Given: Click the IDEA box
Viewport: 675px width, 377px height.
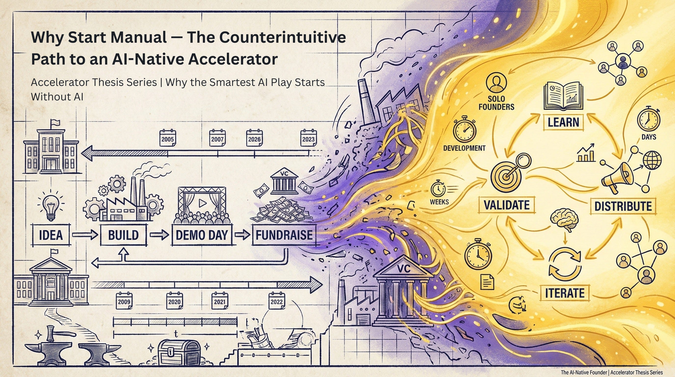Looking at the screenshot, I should (x=51, y=235).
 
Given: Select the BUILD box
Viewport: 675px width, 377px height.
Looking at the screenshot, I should (x=123, y=235).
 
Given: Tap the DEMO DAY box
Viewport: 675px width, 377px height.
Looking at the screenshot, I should (x=202, y=235).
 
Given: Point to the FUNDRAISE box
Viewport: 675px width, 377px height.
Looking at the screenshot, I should (x=284, y=235).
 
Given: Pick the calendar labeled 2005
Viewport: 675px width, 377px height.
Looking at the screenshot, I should (x=168, y=138).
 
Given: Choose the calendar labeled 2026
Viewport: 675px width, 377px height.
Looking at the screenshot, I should (x=254, y=138).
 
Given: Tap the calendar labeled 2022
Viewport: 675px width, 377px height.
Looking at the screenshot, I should (x=277, y=301).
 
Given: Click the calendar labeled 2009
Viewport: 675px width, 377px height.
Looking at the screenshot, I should (x=124, y=301).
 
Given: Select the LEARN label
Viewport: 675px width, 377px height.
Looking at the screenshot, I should (x=563, y=122).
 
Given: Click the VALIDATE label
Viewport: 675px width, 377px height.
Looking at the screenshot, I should (x=506, y=205).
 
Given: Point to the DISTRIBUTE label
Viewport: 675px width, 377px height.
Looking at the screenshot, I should (x=623, y=206).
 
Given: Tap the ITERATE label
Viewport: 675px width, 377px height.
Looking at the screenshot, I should (x=565, y=293).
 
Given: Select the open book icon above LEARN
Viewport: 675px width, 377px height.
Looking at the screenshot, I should (x=563, y=96).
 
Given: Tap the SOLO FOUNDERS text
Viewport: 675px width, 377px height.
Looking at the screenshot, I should (x=496, y=103).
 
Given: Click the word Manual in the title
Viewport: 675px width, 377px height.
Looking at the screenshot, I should (x=139, y=38).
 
